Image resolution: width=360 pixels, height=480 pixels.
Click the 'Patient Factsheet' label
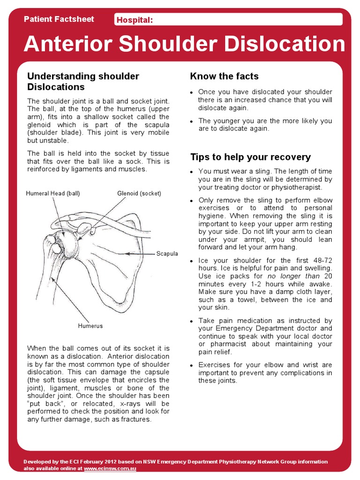point(59,19)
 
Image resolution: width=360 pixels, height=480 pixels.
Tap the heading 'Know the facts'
point(224,76)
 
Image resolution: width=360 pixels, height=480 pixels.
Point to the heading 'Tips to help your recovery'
point(250,157)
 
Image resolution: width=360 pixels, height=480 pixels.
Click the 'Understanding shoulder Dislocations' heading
point(83,82)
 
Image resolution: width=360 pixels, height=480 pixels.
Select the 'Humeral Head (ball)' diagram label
point(53,193)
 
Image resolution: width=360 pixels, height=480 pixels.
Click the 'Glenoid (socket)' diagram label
point(139,193)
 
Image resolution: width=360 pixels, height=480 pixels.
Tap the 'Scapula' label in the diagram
point(167,254)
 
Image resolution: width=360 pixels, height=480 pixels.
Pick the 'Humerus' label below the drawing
point(90,326)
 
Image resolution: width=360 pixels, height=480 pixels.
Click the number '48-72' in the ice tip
point(322,260)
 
